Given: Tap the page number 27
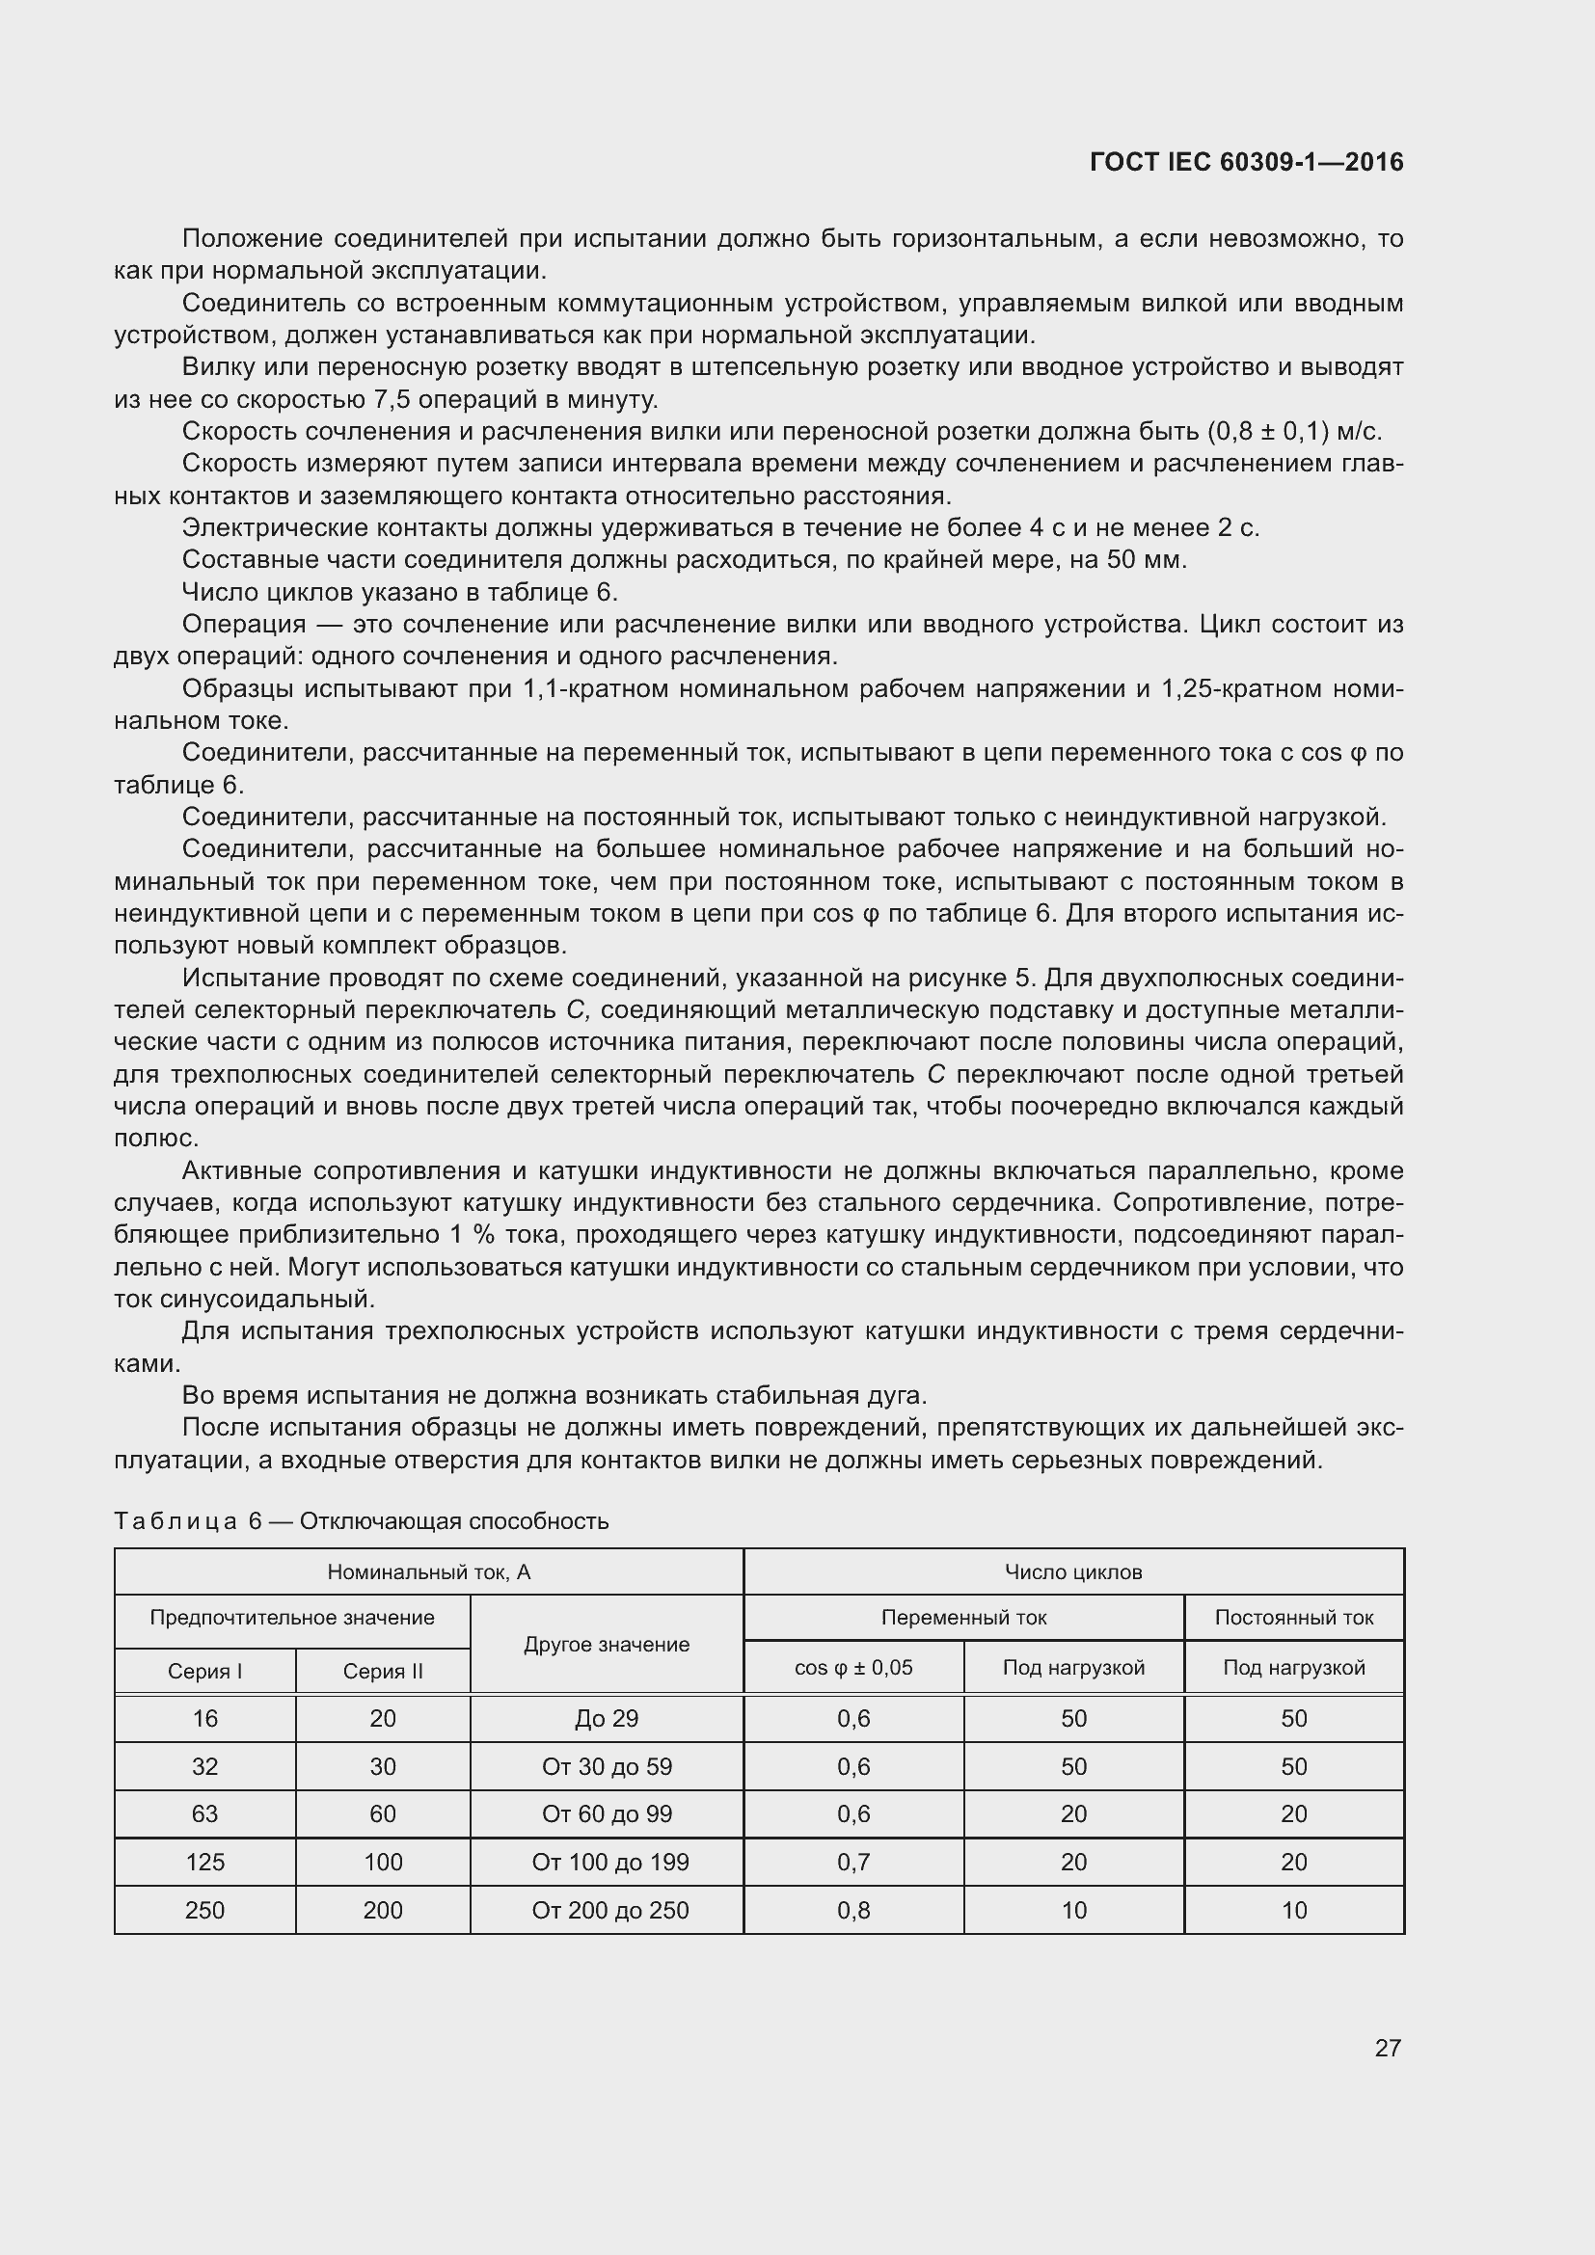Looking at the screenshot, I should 1387,2048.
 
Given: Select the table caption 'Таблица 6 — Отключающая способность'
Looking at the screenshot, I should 362,1521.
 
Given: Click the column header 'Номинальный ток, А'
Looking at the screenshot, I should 428,1572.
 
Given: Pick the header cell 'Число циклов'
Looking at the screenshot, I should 1072,1572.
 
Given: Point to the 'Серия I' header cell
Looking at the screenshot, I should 204,1672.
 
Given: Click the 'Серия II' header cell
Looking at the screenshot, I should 382,1672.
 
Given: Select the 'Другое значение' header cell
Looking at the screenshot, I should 606,1644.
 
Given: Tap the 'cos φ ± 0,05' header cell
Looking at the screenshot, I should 852,1668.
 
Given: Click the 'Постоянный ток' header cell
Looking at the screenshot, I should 1293,1618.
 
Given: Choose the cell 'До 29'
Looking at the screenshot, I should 606,1719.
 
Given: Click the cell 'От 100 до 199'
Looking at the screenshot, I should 609,1863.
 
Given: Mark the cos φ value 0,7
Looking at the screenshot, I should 852,1863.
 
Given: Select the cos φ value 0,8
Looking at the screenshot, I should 852,1910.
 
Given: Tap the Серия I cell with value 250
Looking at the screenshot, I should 204,1910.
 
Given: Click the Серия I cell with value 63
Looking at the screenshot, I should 204,1814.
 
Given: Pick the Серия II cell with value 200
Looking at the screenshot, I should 382,1910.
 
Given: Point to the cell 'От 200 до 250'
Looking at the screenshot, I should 609,1910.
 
